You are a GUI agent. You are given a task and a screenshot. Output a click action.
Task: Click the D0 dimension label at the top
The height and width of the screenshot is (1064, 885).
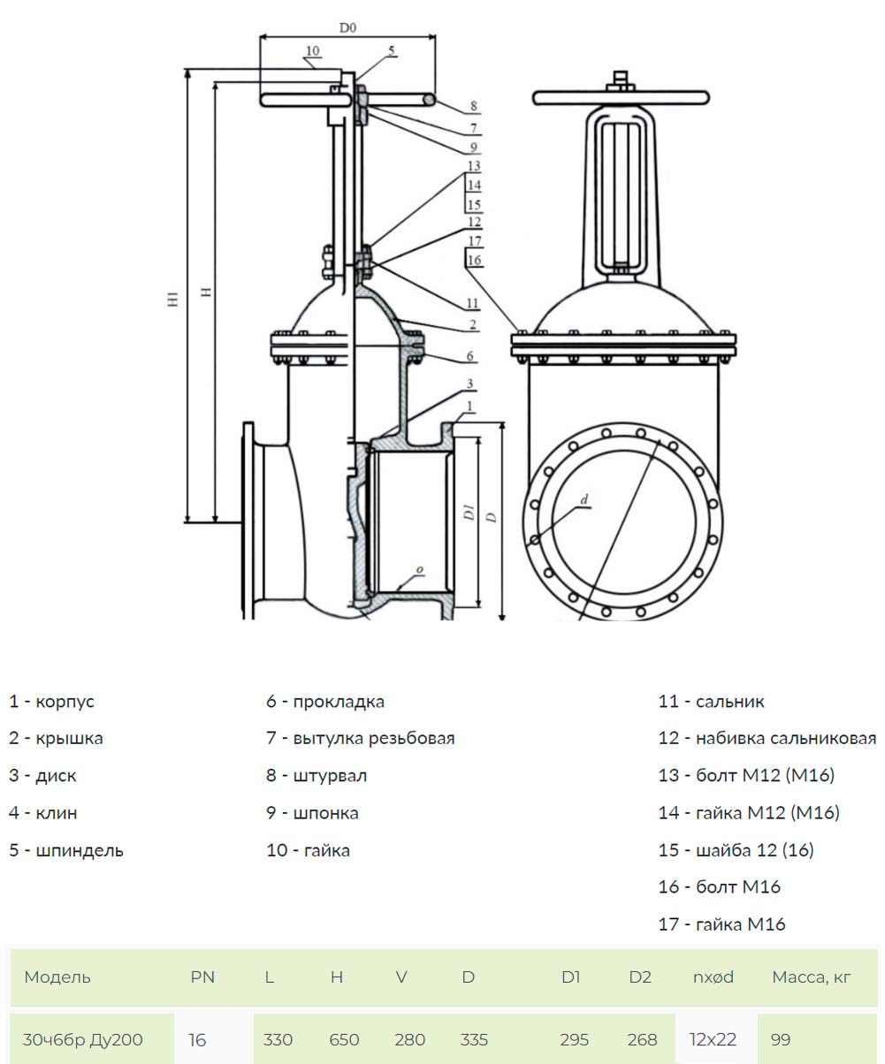coord(347,27)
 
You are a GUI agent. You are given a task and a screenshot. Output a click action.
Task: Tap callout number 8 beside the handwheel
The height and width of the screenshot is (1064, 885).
coord(474,105)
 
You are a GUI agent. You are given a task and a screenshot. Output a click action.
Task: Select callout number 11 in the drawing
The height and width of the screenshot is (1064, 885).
coord(473,303)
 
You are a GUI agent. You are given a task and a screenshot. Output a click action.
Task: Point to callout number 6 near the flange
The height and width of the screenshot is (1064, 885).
coord(470,355)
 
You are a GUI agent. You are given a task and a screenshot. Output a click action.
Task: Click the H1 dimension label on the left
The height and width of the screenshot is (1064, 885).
coord(173,299)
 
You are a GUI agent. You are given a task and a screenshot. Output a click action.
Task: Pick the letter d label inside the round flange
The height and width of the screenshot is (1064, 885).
coord(584,499)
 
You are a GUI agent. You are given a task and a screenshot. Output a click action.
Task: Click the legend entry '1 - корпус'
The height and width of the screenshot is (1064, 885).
coord(51,701)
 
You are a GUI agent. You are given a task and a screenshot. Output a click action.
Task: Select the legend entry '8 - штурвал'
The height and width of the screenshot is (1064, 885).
coord(317,776)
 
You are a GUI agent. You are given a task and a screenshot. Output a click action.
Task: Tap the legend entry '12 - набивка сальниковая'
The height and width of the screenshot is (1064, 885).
coord(767,738)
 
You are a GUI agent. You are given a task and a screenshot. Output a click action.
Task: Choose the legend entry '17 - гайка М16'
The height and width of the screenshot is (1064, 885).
coord(721,923)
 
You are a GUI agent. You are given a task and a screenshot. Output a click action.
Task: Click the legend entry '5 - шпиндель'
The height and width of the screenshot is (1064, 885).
coord(66,850)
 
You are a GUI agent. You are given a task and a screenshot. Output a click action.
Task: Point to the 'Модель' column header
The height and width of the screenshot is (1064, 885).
coord(57,977)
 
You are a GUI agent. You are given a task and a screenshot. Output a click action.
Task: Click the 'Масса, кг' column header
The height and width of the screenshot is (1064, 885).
coord(812,977)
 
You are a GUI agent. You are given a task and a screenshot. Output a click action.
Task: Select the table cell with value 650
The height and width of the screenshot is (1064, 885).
coord(344,1039)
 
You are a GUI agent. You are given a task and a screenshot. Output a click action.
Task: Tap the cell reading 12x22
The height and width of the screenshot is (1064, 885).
coord(713,1039)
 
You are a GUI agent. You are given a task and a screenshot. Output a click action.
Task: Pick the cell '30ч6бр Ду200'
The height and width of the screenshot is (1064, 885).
coord(82,1039)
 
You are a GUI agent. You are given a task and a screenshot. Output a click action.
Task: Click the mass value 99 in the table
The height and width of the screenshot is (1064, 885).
coord(781,1039)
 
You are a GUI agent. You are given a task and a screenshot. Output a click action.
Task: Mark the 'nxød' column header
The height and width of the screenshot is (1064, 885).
coord(713,977)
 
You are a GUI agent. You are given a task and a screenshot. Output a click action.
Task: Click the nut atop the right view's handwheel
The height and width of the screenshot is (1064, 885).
coord(621,80)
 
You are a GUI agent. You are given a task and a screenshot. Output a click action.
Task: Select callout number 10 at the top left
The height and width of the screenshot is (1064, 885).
coord(312,51)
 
